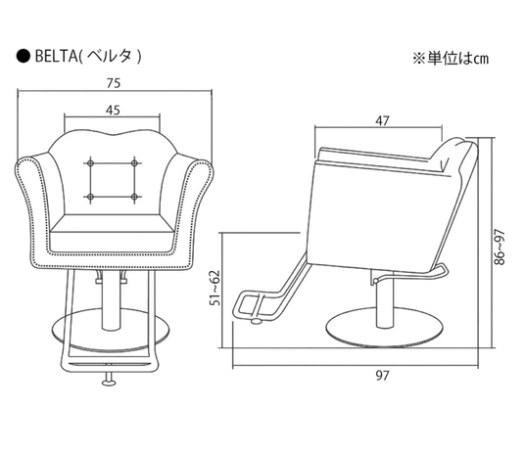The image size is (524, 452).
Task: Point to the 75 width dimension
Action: coord(117,85)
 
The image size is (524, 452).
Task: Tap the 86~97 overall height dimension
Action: coord(500,249)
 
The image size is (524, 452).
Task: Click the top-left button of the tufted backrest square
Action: coord(89,160)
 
